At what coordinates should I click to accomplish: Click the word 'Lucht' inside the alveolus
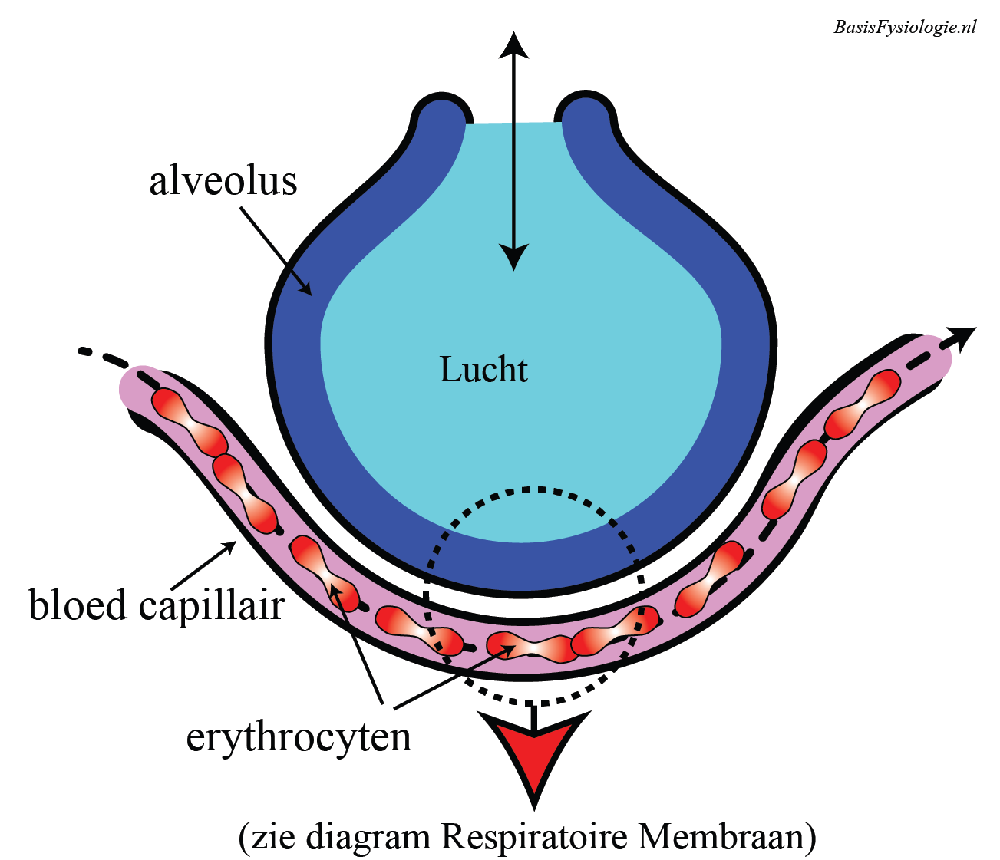(483, 370)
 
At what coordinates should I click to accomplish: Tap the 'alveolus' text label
(223, 182)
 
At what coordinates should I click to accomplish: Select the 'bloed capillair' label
(157, 605)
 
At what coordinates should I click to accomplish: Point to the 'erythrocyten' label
(299, 737)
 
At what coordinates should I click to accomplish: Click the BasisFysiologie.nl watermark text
(905, 27)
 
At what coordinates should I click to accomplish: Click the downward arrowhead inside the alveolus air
(514, 258)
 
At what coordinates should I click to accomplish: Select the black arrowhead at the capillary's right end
(962, 334)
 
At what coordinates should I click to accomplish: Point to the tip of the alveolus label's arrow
(310, 294)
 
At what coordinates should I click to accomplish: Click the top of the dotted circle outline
(535, 488)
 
